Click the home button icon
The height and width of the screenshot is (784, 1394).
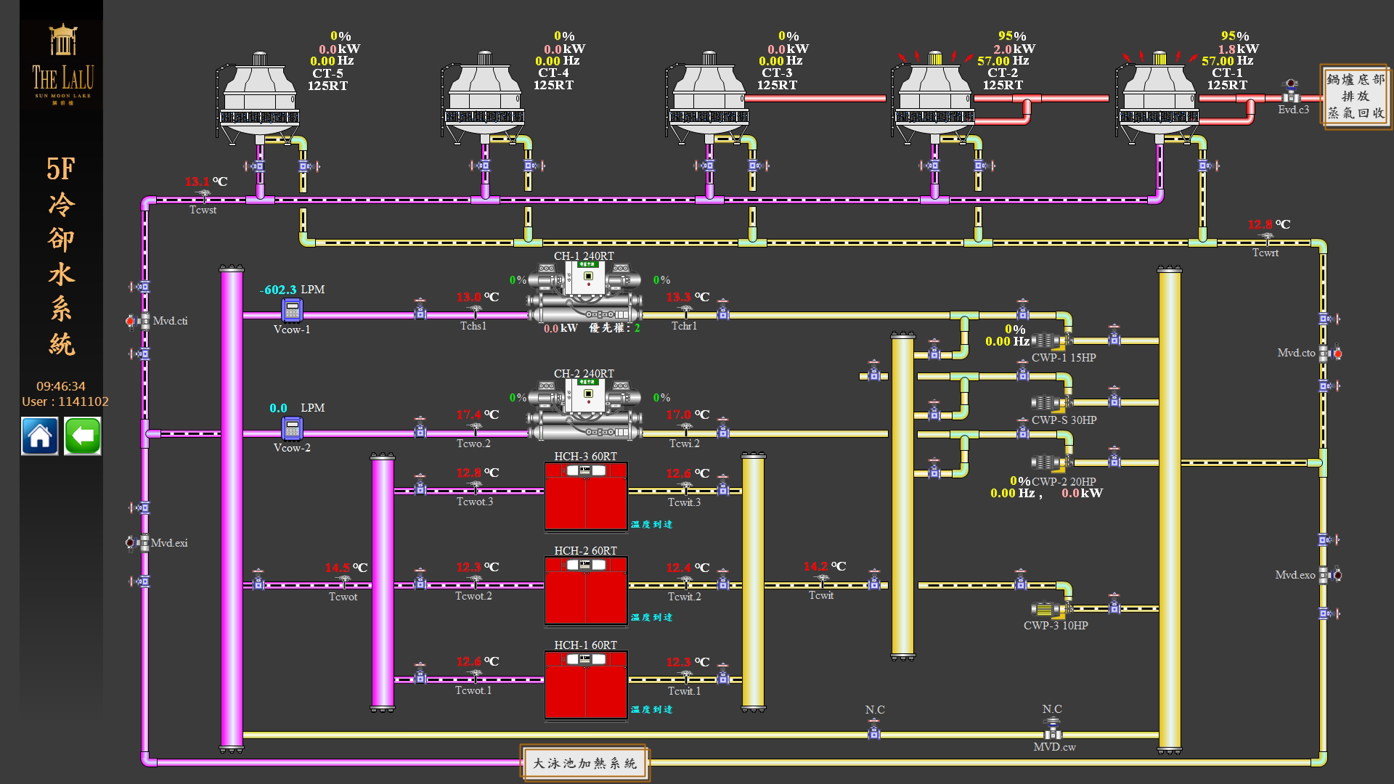coord(39,436)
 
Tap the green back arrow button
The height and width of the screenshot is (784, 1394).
coord(83,436)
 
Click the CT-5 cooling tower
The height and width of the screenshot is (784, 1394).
coord(260,98)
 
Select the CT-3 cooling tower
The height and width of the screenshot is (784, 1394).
coord(709,98)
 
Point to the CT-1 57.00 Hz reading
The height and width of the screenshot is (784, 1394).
coord(1227,61)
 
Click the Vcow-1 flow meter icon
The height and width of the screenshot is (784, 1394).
coord(292,310)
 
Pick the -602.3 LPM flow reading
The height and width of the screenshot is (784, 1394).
coord(278,290)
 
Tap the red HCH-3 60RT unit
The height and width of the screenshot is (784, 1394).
coord(586,497)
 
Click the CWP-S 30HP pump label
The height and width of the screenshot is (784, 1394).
coord(1064,420)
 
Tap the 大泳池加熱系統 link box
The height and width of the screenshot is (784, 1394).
coord(584,763)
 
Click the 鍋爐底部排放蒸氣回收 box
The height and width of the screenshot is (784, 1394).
coord(1356,97)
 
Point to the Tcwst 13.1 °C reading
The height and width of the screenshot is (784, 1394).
coord(197,181)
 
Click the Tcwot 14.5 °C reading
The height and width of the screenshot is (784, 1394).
coord(338,568)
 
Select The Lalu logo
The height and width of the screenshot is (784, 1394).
coord(62,65)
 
